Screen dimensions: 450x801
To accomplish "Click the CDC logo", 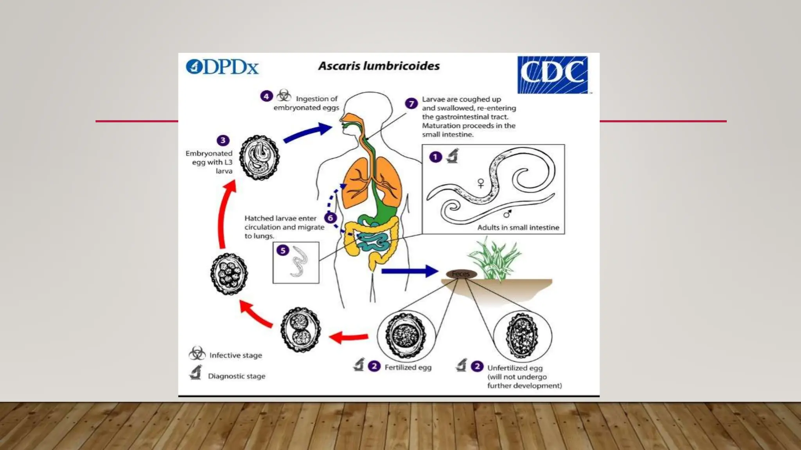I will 552,75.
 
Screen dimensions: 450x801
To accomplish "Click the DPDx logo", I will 222,67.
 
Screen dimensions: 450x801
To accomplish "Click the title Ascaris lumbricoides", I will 379,66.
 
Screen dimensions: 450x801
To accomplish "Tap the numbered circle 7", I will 411,104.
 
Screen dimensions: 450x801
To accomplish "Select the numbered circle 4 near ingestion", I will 266,96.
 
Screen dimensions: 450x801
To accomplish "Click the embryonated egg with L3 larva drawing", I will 259,157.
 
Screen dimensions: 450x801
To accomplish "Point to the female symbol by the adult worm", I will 481,183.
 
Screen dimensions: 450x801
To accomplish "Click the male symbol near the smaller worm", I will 507,214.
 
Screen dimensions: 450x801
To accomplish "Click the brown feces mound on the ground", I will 461,274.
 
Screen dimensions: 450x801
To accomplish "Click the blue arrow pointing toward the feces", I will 409,271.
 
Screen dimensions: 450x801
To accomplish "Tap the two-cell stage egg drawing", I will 300,330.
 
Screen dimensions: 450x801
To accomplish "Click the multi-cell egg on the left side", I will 229,274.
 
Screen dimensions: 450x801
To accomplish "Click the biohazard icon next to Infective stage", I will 197,354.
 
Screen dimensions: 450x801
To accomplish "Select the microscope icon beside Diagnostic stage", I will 196,373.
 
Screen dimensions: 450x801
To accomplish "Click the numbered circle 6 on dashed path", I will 330,218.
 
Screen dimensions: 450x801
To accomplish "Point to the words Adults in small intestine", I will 518,227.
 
